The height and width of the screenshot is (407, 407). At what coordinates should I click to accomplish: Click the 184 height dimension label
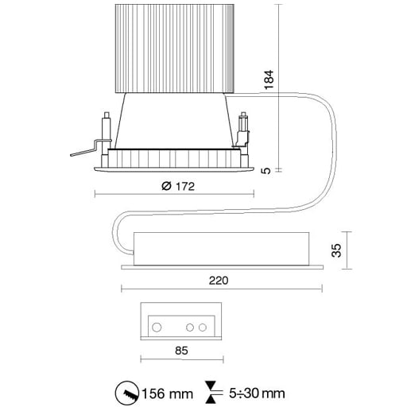point(269,79)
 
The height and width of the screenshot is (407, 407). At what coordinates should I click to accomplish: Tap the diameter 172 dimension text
point(178,186)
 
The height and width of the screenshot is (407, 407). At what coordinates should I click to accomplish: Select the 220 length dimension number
point(219,281)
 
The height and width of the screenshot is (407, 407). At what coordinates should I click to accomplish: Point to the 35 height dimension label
point(336,250)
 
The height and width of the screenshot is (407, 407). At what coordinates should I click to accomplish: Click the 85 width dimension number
point(181,351)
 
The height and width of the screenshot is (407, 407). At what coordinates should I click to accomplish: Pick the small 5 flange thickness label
point(266,171)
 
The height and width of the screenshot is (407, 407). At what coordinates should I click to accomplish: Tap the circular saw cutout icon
point(127,393)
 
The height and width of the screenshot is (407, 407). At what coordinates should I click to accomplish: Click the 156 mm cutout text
point(168,393)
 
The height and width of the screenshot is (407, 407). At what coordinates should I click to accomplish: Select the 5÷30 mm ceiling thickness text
point(257,393)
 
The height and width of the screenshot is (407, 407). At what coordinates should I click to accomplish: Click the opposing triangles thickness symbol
point(211,393)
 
